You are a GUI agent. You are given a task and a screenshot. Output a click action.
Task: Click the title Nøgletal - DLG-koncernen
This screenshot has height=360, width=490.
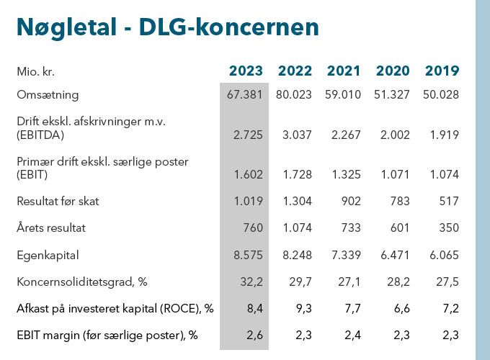coord(167,27)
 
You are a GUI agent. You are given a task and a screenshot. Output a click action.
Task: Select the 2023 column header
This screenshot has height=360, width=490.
coord(246,71)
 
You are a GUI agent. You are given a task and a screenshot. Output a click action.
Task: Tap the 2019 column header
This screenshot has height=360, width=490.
coord(442,71)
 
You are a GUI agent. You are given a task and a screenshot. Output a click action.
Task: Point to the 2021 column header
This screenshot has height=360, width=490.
coord(344,71)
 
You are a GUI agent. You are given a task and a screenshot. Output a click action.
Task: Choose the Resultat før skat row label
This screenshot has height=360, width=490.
coord(58,201)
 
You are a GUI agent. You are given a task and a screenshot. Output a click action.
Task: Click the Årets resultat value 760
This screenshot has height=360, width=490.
coord(254,228)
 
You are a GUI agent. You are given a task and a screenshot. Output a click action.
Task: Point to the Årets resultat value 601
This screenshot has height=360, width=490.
coord(401,228)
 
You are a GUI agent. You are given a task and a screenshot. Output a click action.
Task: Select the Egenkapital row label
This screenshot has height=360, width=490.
coord(48,255)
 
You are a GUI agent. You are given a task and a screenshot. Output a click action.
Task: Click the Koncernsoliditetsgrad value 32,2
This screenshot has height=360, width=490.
coord(251,282)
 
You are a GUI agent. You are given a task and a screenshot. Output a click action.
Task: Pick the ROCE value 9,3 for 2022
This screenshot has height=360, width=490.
coord(303,309)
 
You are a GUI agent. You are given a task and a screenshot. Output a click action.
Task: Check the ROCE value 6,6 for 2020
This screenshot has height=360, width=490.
coord(401,309)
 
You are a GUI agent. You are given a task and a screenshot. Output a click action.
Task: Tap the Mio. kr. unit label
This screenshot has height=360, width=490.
coord(36,71)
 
